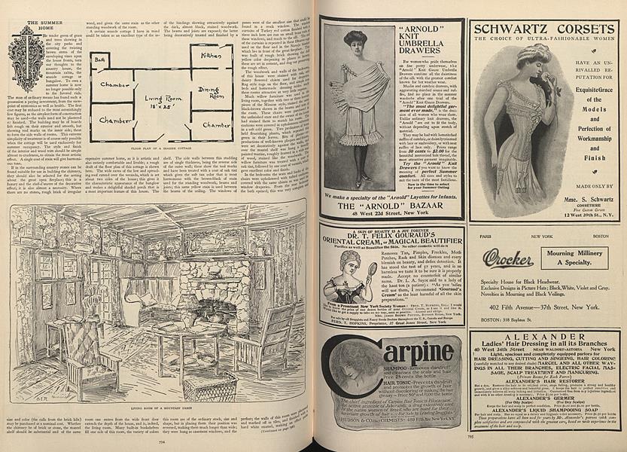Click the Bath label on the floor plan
[100, 59]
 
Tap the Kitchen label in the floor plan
[211, 55]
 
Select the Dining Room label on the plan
[208, 93]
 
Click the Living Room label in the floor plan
[163, 98]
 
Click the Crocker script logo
[508, 258]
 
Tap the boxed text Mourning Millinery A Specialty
[574, 258]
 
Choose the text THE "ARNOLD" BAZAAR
[391, 205]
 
